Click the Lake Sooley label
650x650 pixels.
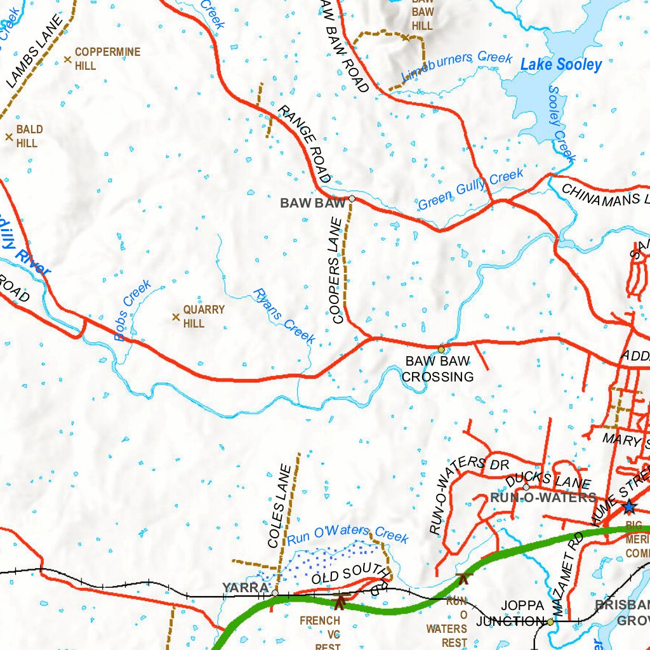pyautogui.click(x=561, y=64)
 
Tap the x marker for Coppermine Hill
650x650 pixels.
pyautogui.click(x=67, y=60)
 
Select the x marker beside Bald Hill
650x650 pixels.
pyautogui.click(x=9, y=136)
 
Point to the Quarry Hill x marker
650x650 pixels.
pyautogui.click(x=176, y=317)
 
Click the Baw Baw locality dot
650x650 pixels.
pyautogui.click(x=352, y=199)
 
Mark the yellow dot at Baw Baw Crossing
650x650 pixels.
pyautogui.click(x=441, y=349)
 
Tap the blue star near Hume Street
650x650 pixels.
pyautogui.click(x=629, y=507)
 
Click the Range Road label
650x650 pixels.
pyautogui.click(x=304, y=144)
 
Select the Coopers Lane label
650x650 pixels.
pyautogui.click(x=336, y=270)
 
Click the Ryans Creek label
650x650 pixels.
pyautogui.click(x=284, y=315)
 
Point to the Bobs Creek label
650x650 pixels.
pyautogui.click(x=133, y=310)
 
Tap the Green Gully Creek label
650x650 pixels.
pyautogui.click(x=471, y=189)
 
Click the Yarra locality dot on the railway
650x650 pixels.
pyautogui.click(x=274, y=593)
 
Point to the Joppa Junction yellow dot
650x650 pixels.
pyautogui.click(x=550, y=622)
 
